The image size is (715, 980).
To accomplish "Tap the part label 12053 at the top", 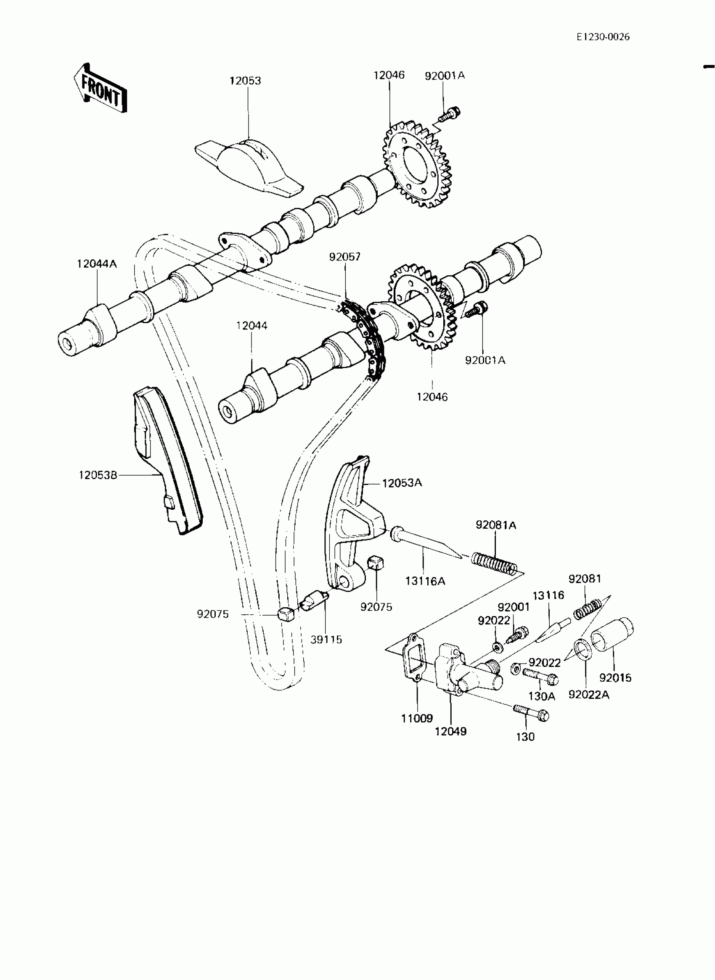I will (245, 81).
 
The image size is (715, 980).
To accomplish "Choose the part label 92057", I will (344, 257).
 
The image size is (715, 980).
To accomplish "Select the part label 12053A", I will (402, 483).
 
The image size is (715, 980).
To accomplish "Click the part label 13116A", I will (425, 581).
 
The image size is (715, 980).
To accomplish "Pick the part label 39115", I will (326, 639).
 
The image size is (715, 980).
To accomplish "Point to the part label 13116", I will (548, 595).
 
